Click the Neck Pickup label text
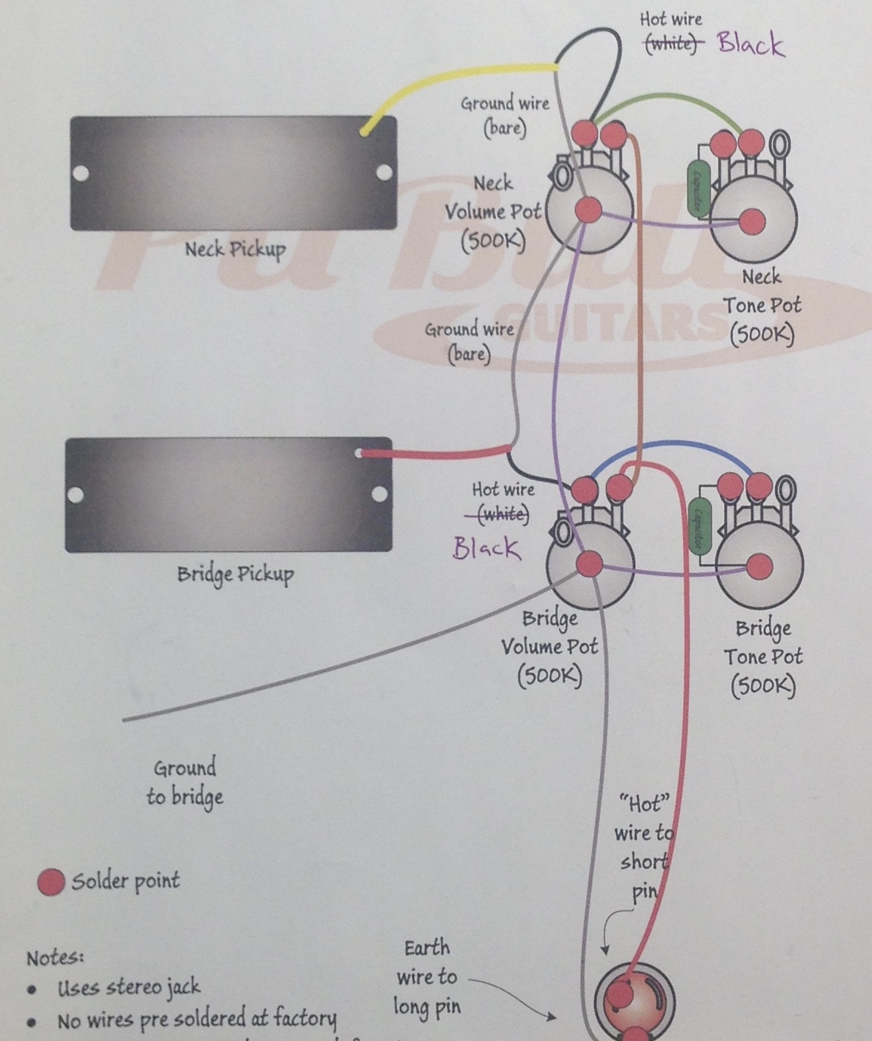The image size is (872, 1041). tap(235, 249)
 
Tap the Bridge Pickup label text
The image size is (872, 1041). tap(235, 574)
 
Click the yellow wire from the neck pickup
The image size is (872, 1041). tap(459, 76)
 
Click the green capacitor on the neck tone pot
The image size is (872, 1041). tap(698, 188)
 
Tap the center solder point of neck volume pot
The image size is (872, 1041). tap(588, 210)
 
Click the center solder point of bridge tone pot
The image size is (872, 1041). tap(759, 568)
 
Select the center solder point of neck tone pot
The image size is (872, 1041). tap(753, 221)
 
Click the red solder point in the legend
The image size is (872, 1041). tap(51, 882)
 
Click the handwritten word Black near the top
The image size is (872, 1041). tap(750, 44)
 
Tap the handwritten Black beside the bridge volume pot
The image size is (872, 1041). tap(486, 548)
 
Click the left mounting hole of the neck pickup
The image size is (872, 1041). tap(80, 174)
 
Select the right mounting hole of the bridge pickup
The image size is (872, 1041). tap(379, 493)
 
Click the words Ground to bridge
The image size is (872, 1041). tap(184, 782)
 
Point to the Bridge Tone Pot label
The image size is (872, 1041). tap(763, 656)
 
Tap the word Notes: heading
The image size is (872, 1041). tap(55, 957)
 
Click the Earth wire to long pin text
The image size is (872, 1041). tap(427, 977)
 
